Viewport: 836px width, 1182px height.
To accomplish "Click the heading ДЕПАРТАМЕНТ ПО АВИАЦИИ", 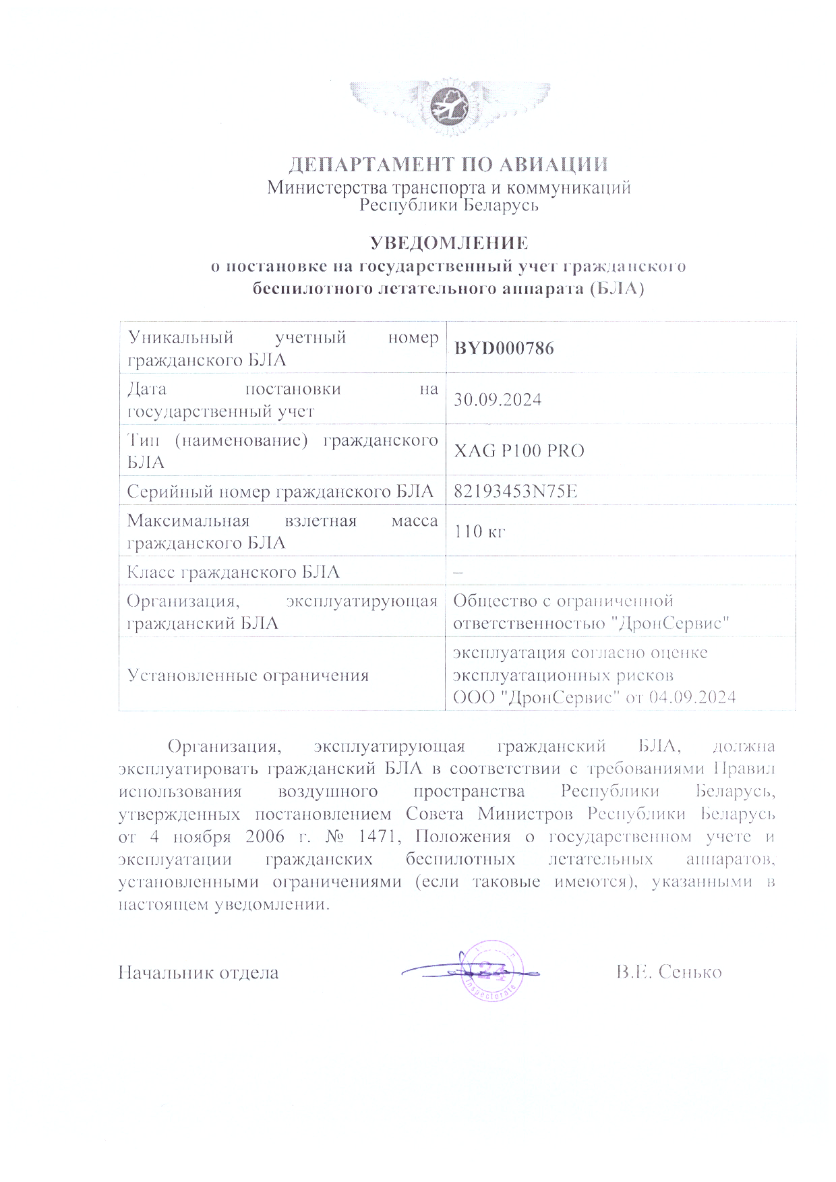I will tap(449, 165).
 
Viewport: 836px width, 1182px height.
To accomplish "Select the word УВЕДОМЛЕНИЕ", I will tap(449, 243).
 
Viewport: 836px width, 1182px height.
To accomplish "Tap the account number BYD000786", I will tap(504, 349).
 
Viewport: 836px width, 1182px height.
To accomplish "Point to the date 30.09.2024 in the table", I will tap(498, 400).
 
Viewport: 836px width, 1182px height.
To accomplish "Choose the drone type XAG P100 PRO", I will tap(518, 451).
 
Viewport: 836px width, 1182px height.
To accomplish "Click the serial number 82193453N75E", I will tap(516, 492).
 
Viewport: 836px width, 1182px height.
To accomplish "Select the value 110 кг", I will tap(479, 531).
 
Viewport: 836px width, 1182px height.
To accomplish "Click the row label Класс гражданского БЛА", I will tap(233, 572).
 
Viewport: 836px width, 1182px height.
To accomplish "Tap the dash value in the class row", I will tap(458, 572).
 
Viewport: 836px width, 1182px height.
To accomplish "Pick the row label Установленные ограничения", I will tap(248, 675).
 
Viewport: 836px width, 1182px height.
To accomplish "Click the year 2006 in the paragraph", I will tap(260, 837).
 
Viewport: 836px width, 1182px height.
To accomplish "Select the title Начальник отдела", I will tap(198, 973).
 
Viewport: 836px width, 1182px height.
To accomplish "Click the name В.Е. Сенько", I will tap(668, 972).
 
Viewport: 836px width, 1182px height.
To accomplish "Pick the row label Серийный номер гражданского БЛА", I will tap(280, 492).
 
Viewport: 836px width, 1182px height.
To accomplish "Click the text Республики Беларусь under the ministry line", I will tap(449, 205).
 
